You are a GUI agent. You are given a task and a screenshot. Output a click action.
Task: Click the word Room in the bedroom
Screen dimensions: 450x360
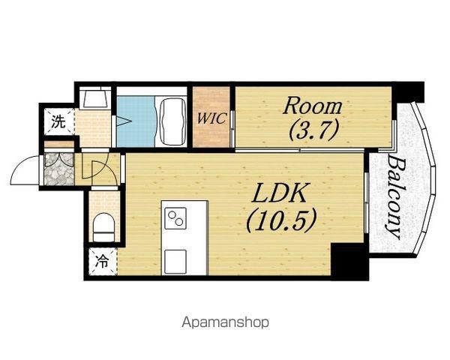312,106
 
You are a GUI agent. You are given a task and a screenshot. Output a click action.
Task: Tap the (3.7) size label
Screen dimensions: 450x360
313,130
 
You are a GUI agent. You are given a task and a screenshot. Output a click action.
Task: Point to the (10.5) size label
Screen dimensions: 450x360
281,220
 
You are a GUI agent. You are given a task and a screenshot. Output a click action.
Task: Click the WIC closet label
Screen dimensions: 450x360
211,118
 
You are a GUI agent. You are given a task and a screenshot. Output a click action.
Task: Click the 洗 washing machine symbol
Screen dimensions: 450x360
58,121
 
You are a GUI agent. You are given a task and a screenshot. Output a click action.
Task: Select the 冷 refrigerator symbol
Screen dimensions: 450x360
102,262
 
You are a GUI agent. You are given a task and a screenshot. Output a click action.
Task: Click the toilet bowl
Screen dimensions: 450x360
104,226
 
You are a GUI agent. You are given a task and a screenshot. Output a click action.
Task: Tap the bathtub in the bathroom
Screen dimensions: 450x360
172,121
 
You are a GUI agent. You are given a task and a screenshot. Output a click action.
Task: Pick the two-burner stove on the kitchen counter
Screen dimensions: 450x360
175,218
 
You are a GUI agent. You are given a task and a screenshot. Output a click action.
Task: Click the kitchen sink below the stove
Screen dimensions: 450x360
175,261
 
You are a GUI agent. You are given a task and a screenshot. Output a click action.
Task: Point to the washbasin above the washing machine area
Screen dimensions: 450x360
95,97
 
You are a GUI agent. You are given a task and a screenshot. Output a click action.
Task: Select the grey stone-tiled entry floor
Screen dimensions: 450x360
59,169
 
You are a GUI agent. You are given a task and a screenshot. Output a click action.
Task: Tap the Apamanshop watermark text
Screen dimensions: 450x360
225,322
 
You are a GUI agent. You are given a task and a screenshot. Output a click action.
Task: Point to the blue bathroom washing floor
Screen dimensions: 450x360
136,121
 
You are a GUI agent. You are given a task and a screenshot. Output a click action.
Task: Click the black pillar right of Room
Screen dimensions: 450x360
407,91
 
